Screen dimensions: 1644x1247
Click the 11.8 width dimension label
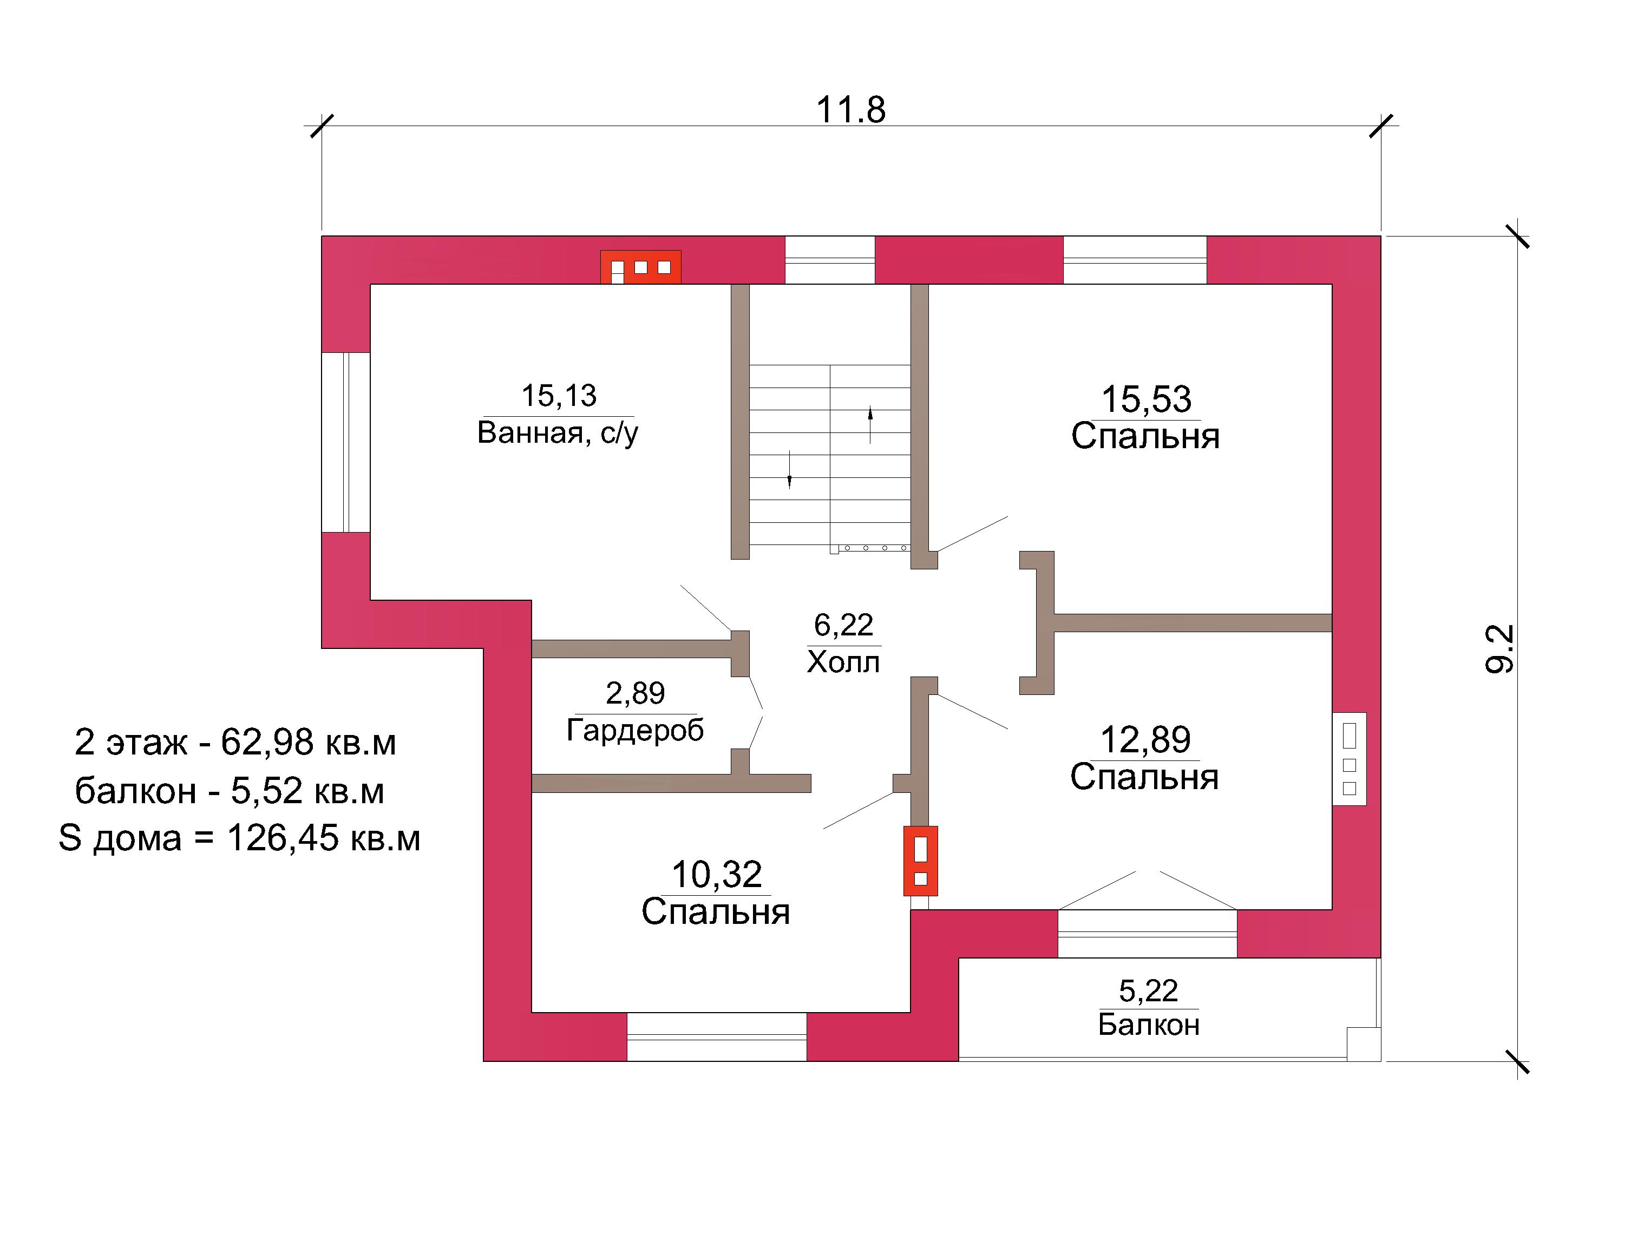(851, 110)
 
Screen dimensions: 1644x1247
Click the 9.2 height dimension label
(1499, 649)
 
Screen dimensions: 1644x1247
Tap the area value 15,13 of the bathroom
(558, 395)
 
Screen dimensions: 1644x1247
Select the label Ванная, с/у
(558, 432)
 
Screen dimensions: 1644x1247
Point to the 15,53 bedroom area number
(1146, 399)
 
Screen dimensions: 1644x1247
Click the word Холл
(843, 661)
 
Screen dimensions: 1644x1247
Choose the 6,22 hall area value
(843, 625)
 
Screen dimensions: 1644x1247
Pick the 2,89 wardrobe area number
(636, 693)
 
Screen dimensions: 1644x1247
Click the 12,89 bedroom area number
(1145, 739)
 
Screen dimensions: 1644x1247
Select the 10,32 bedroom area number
(717, 875)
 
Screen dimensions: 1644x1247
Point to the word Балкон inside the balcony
(1149, 1025)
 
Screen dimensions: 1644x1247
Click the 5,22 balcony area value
(1148, 990)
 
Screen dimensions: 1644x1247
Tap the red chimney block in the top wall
(640, 267)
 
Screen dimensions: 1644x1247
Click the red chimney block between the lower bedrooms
(920, 861)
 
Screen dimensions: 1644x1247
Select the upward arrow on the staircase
(870, 425)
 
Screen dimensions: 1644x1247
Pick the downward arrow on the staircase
(789, 470)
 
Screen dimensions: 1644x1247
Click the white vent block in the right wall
(1350, 759)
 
